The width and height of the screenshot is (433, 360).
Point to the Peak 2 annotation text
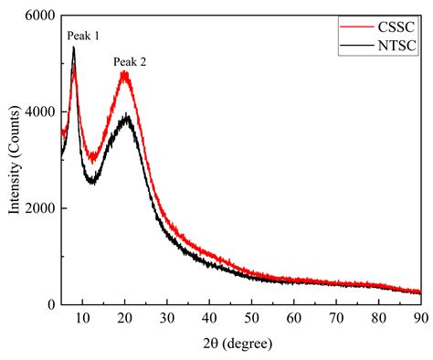pos(130,62)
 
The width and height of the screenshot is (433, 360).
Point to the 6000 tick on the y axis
pos(38,16)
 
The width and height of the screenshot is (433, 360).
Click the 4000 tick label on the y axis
pos(38,111)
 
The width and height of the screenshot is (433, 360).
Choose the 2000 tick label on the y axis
pos(38,208)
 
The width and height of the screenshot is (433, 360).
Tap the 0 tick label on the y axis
pos(50,304)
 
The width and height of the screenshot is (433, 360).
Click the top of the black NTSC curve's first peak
pos(73,48)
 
